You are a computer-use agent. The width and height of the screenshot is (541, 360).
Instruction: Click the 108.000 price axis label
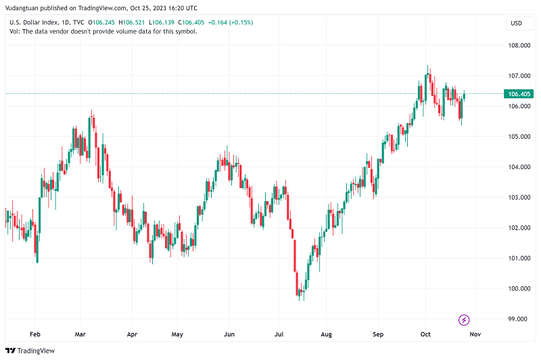519,45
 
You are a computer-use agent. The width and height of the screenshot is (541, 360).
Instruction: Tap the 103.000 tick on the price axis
519,198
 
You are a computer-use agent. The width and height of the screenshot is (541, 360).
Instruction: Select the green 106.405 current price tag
518,94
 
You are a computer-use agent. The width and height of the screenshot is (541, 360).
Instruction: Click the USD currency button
515,23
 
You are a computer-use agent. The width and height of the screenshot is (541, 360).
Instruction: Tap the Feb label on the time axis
35,334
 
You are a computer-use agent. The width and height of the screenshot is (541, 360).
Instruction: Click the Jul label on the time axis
279,334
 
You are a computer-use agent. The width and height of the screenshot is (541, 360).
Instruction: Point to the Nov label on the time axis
475,334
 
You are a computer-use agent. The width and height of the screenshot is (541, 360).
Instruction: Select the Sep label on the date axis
378,334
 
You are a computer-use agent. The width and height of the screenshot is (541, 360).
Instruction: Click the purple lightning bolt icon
465,319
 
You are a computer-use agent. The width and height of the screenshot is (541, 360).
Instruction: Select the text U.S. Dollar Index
32,22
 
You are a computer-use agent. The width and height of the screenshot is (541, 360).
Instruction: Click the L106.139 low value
160,22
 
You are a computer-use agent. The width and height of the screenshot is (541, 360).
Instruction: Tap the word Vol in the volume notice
14,31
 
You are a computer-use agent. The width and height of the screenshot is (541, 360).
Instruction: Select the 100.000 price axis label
519,288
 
